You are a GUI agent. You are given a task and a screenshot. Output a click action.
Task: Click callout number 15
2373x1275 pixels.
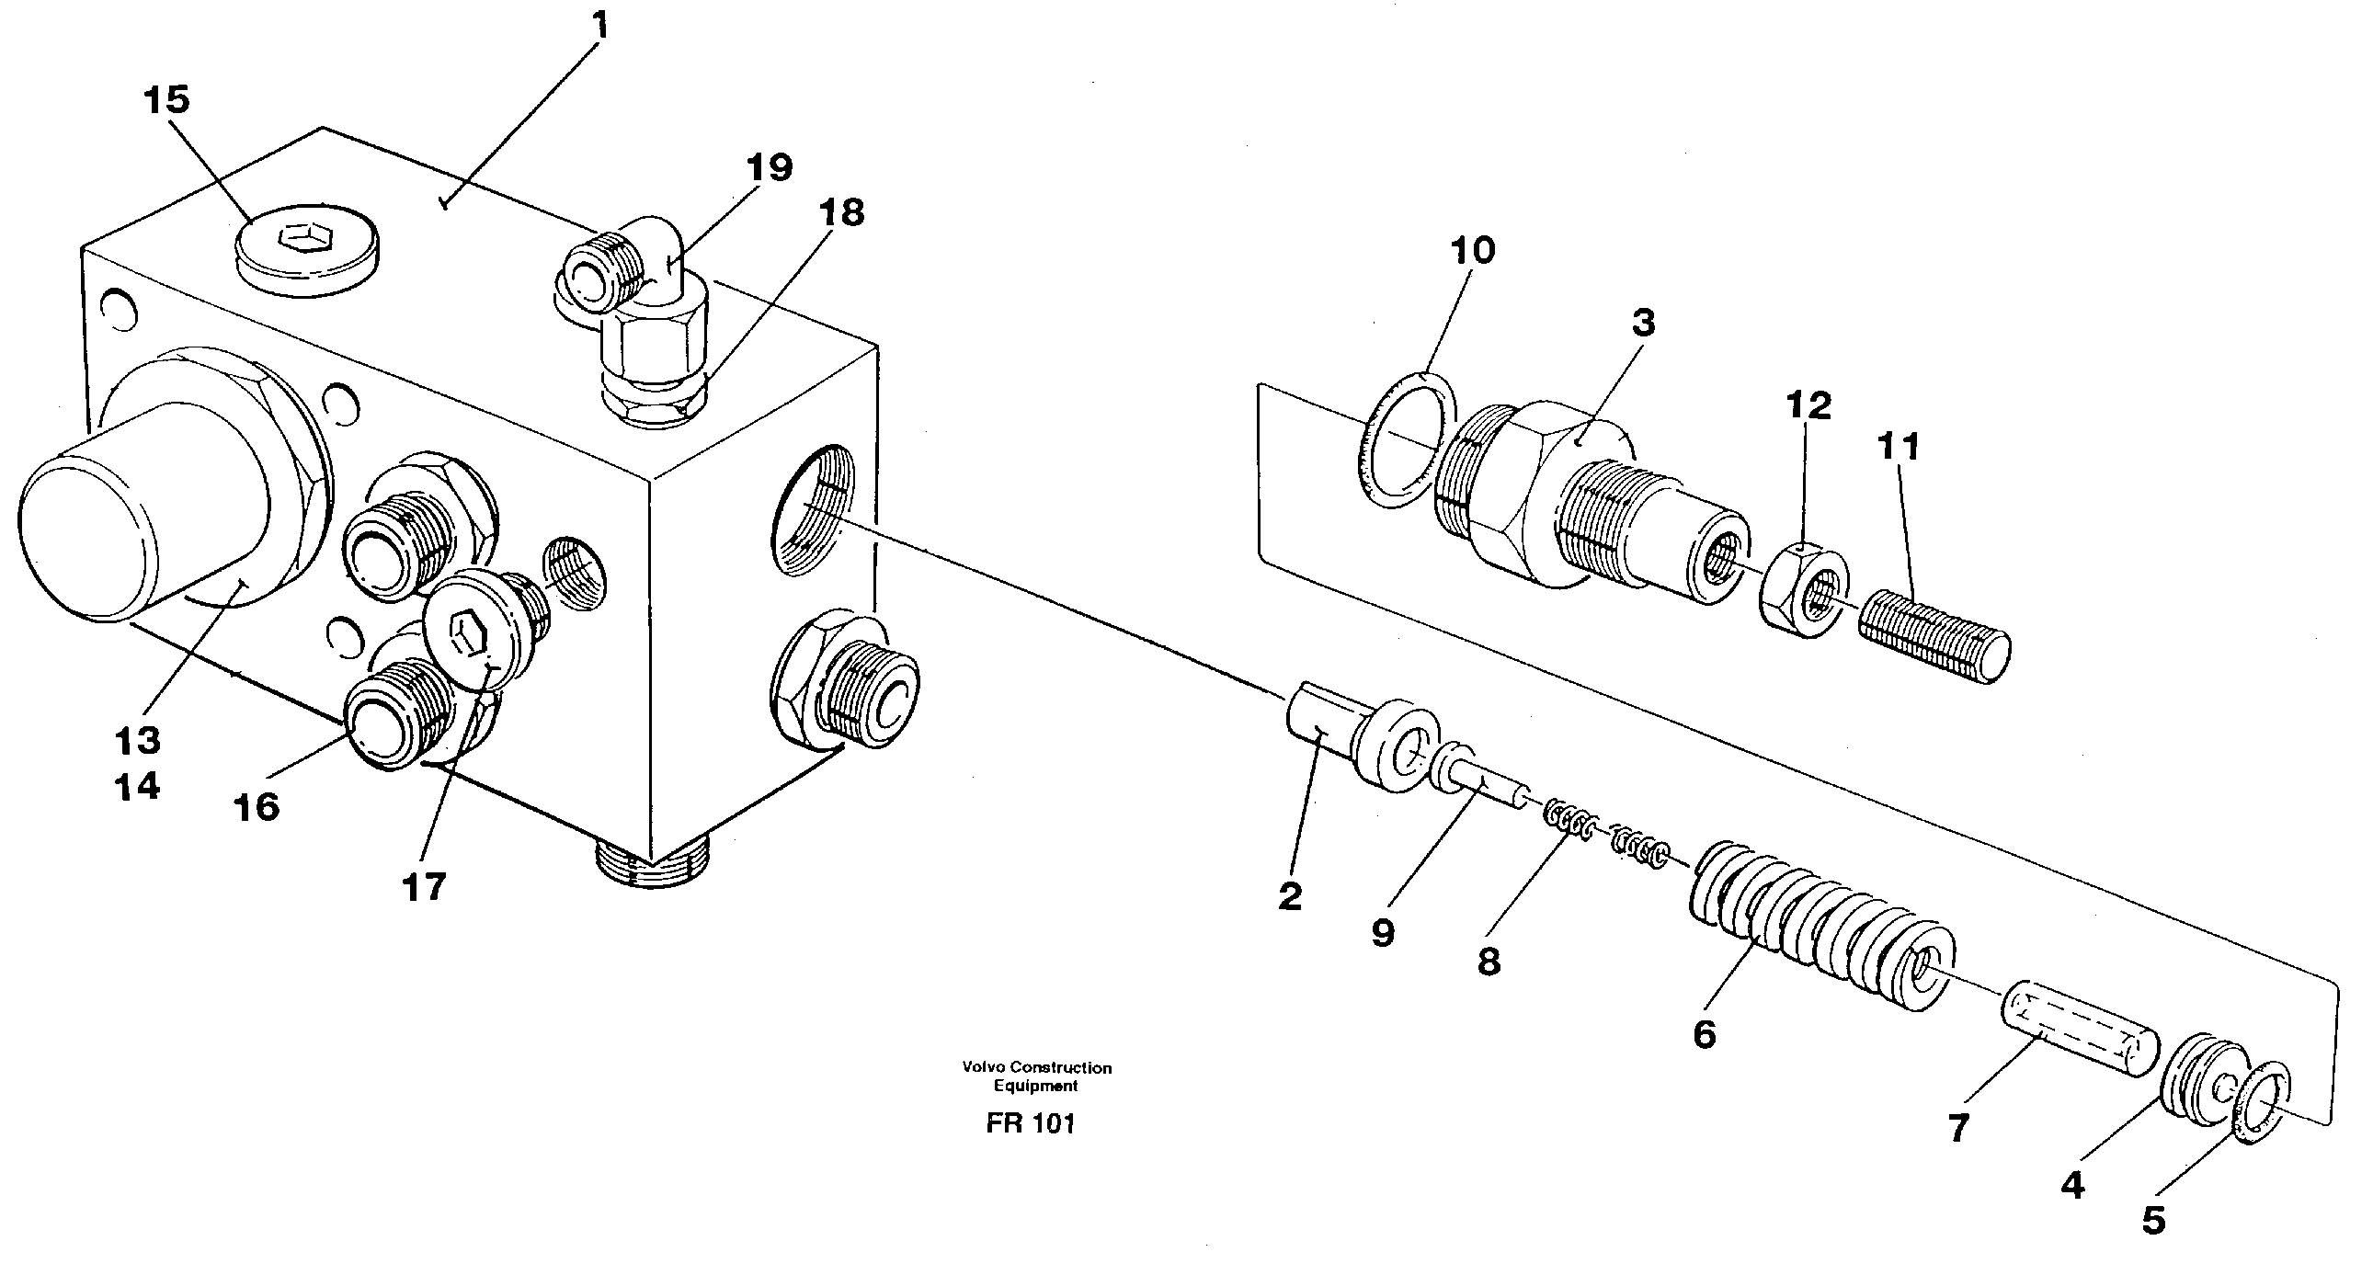tap(166, 99)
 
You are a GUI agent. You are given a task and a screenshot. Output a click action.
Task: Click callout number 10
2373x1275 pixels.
tap(1472, 250)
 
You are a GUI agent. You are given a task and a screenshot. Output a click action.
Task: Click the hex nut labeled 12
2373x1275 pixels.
tap(1803, 589)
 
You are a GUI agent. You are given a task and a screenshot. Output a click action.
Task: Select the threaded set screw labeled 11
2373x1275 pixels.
tap(1934, 639)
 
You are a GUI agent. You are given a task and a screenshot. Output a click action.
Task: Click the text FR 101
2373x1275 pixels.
tap(1030, 1123)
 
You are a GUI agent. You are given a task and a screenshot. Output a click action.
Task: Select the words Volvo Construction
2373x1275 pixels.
tap(1036, 1068)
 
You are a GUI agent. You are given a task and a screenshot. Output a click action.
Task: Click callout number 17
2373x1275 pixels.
tap(424, 887)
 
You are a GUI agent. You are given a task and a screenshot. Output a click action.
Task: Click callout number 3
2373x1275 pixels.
tap(1642, 324)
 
